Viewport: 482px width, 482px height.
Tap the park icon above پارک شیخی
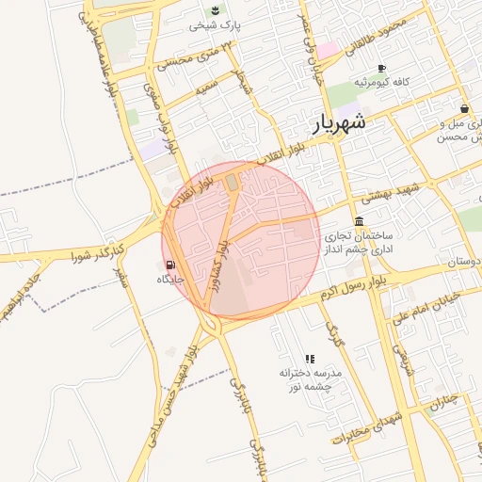tap(216, 10)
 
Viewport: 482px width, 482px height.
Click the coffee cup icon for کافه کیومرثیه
tap(381, 69)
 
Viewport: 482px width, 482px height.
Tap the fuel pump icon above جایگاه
tap(170, 265)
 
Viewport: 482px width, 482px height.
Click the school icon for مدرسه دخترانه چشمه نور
tap(310, 359)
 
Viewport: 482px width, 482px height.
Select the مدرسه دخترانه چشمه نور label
tap(310, 379)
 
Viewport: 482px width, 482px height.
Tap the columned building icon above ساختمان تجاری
tap(359, 223)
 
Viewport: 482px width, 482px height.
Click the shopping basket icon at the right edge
tap(465, 109)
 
